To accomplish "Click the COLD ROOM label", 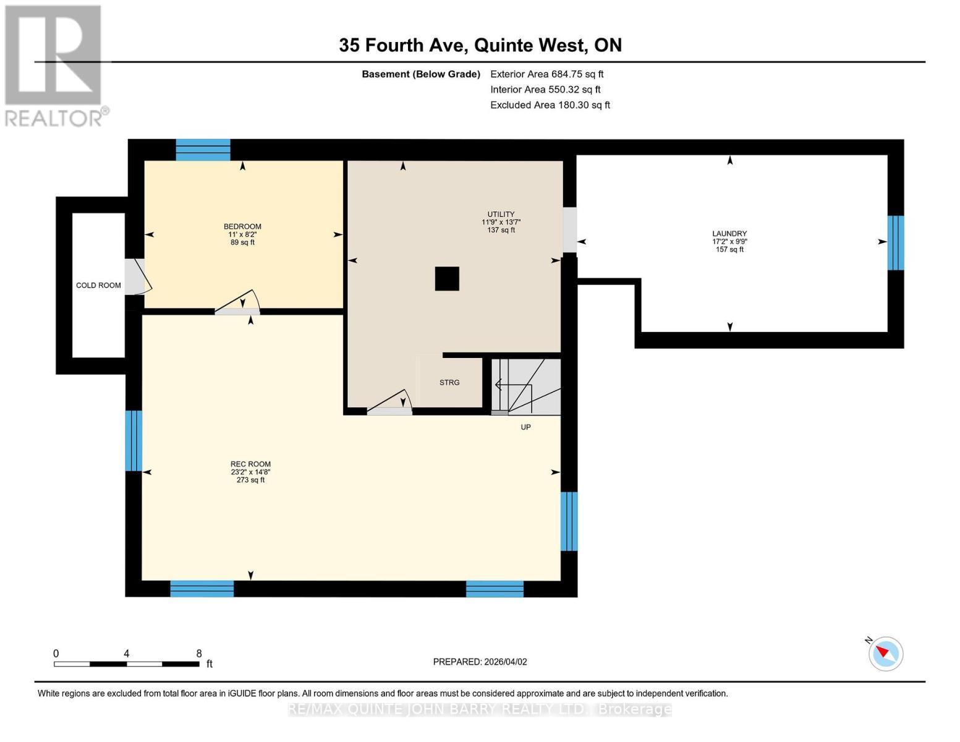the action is [x=98, y=285].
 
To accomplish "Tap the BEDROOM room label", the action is [x=242, y=226].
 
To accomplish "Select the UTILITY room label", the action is [x=501, y=214].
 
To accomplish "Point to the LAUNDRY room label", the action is [x=729, y=233].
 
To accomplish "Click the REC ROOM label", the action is [x=250, y=464].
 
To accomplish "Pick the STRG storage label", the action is [x=449, y=382].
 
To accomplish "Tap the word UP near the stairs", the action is [x=525, y=427].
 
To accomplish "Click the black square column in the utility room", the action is [x=447, y=278].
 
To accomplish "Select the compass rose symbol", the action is [x=885, y=654].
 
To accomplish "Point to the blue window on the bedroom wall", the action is [x=203, y=150].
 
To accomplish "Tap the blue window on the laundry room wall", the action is [x=896, y=242].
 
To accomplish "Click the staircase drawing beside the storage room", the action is [x=525, y=386].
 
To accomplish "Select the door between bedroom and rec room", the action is [x=237, y=302].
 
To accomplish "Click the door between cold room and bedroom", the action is [x=138, y=276].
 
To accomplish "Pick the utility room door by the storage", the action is [x=389, y=402].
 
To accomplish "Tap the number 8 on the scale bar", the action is [x=199, y=653].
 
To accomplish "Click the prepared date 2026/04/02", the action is [x=506, y=662].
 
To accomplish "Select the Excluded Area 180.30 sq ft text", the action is [x=550, y=104].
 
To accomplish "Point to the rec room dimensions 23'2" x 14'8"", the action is [x=250, y=472].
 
